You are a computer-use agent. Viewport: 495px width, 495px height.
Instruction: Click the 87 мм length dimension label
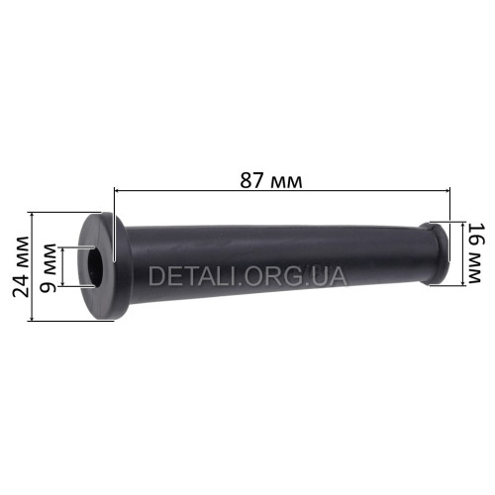(x=270, y=181)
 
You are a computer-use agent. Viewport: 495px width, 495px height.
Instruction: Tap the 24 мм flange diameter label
(x=21, y=266)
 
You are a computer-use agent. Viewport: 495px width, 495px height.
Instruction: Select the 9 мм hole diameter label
(x=48, y=268)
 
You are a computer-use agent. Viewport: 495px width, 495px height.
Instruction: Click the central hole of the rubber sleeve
(x=95, y=266)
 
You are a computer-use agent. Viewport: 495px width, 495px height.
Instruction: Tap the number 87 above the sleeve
(x=251, y=181)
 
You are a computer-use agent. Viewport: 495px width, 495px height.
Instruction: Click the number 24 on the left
(x=21, y=286)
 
